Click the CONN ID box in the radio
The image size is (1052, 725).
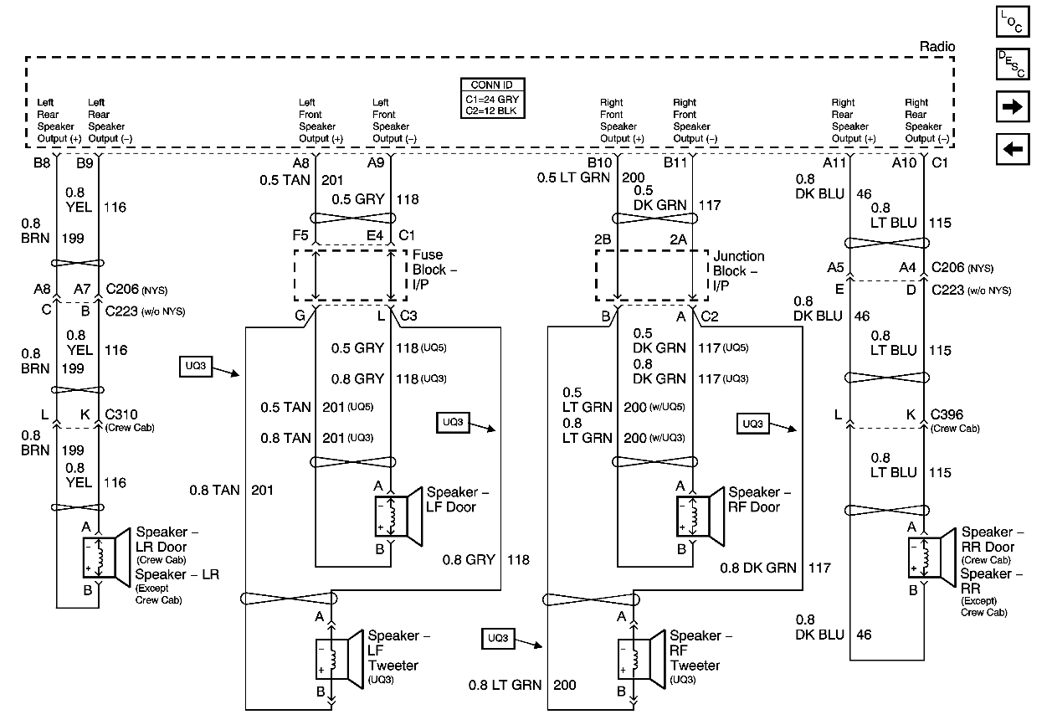[x=492, y=98]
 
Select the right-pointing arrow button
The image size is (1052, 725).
[x=1012, y=106]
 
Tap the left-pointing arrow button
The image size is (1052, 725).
[x=1012, y=149]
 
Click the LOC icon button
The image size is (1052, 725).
[x=1012, y=22]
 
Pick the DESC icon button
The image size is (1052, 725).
[x=1012, y=64]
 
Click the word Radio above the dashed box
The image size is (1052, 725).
[x=936, y=47]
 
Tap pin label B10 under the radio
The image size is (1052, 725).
[x=599, y=163]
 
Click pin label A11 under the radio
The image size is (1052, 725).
[x=834, y=163]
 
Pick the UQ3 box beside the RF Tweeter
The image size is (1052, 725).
[x=497, y=639]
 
